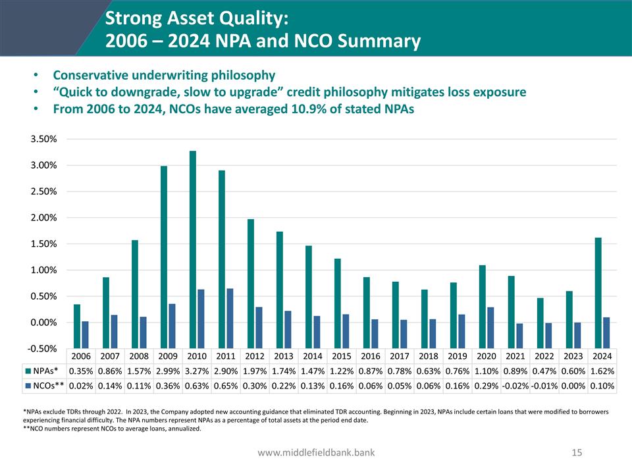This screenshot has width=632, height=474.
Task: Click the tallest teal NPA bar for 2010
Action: (x=193, y=237)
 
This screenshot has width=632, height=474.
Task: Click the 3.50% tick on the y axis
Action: (x=43, y=140)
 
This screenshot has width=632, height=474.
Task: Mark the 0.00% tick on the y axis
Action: (x=43, y=323)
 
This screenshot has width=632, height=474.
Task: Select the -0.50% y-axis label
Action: (x=42, y=349)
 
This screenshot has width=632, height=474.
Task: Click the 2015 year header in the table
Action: (x=341, y=356)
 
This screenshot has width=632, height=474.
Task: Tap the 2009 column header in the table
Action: (x=168, y=356)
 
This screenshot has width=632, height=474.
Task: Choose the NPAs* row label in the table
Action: (x=48, y=371)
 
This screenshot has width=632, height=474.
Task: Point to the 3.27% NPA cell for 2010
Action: (x=197, y=371)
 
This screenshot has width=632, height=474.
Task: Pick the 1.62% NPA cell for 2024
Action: (x=602, y=371)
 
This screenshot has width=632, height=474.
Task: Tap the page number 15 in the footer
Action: (x=577, y=452)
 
